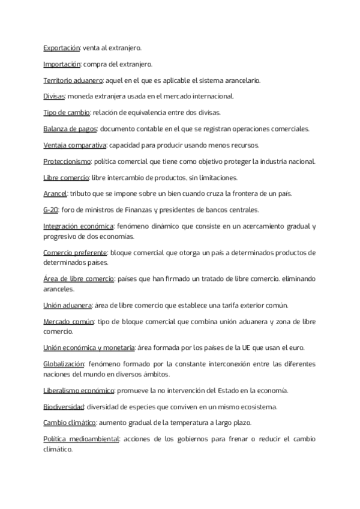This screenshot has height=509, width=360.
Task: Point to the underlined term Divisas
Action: click(54, 95)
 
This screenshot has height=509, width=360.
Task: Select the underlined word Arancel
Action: click(55, 193)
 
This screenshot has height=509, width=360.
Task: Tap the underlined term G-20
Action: click(51, 209)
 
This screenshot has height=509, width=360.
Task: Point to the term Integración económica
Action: click(79, 226)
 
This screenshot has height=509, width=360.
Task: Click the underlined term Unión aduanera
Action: click(67, 305)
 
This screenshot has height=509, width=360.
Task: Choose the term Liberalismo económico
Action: click(79, 390)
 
